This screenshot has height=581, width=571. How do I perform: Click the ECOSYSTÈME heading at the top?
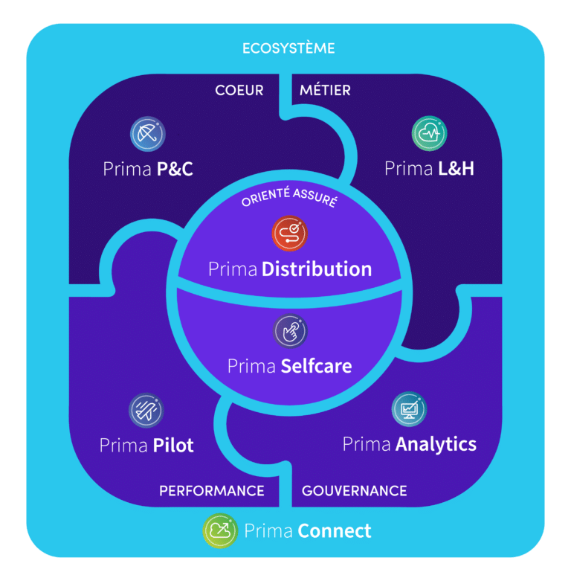(x=288, y=48)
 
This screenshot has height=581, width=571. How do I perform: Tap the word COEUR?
(x=239, y=91)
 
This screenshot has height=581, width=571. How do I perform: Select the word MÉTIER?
(x=325, y=90)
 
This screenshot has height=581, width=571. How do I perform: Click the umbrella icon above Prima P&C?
(x=148, y=134)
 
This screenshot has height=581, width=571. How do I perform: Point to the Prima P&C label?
(x=148, y=169)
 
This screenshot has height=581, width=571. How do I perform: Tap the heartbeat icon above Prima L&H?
(x=430, y=133)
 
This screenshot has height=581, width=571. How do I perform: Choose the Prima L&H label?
(x=429, y=169)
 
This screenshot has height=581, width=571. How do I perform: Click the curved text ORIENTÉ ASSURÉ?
(x=289, y=197)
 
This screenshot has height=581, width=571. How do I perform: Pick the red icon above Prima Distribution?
(x=289, y=234)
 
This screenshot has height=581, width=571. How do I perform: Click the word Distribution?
(x=317, y=269)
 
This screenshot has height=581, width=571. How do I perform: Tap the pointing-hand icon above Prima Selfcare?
(x=290, y=331)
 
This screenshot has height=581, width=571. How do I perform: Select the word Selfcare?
(x=316, y=366)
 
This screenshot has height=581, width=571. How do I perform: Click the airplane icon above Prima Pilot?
(x=146, y=411)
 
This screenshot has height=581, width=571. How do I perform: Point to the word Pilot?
(x=173, y=445)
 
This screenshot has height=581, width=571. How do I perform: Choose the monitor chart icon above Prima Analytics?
(x=409, y=409)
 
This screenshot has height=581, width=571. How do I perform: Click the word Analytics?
(x=436, y=445)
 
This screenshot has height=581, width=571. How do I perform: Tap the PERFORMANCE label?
(x=212, y=491)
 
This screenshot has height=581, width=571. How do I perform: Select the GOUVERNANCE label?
(x=355, y=491)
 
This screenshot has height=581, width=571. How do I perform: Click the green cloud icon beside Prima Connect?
(x=220, y=530)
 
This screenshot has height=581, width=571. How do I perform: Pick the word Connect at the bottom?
(x=335, y=531)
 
